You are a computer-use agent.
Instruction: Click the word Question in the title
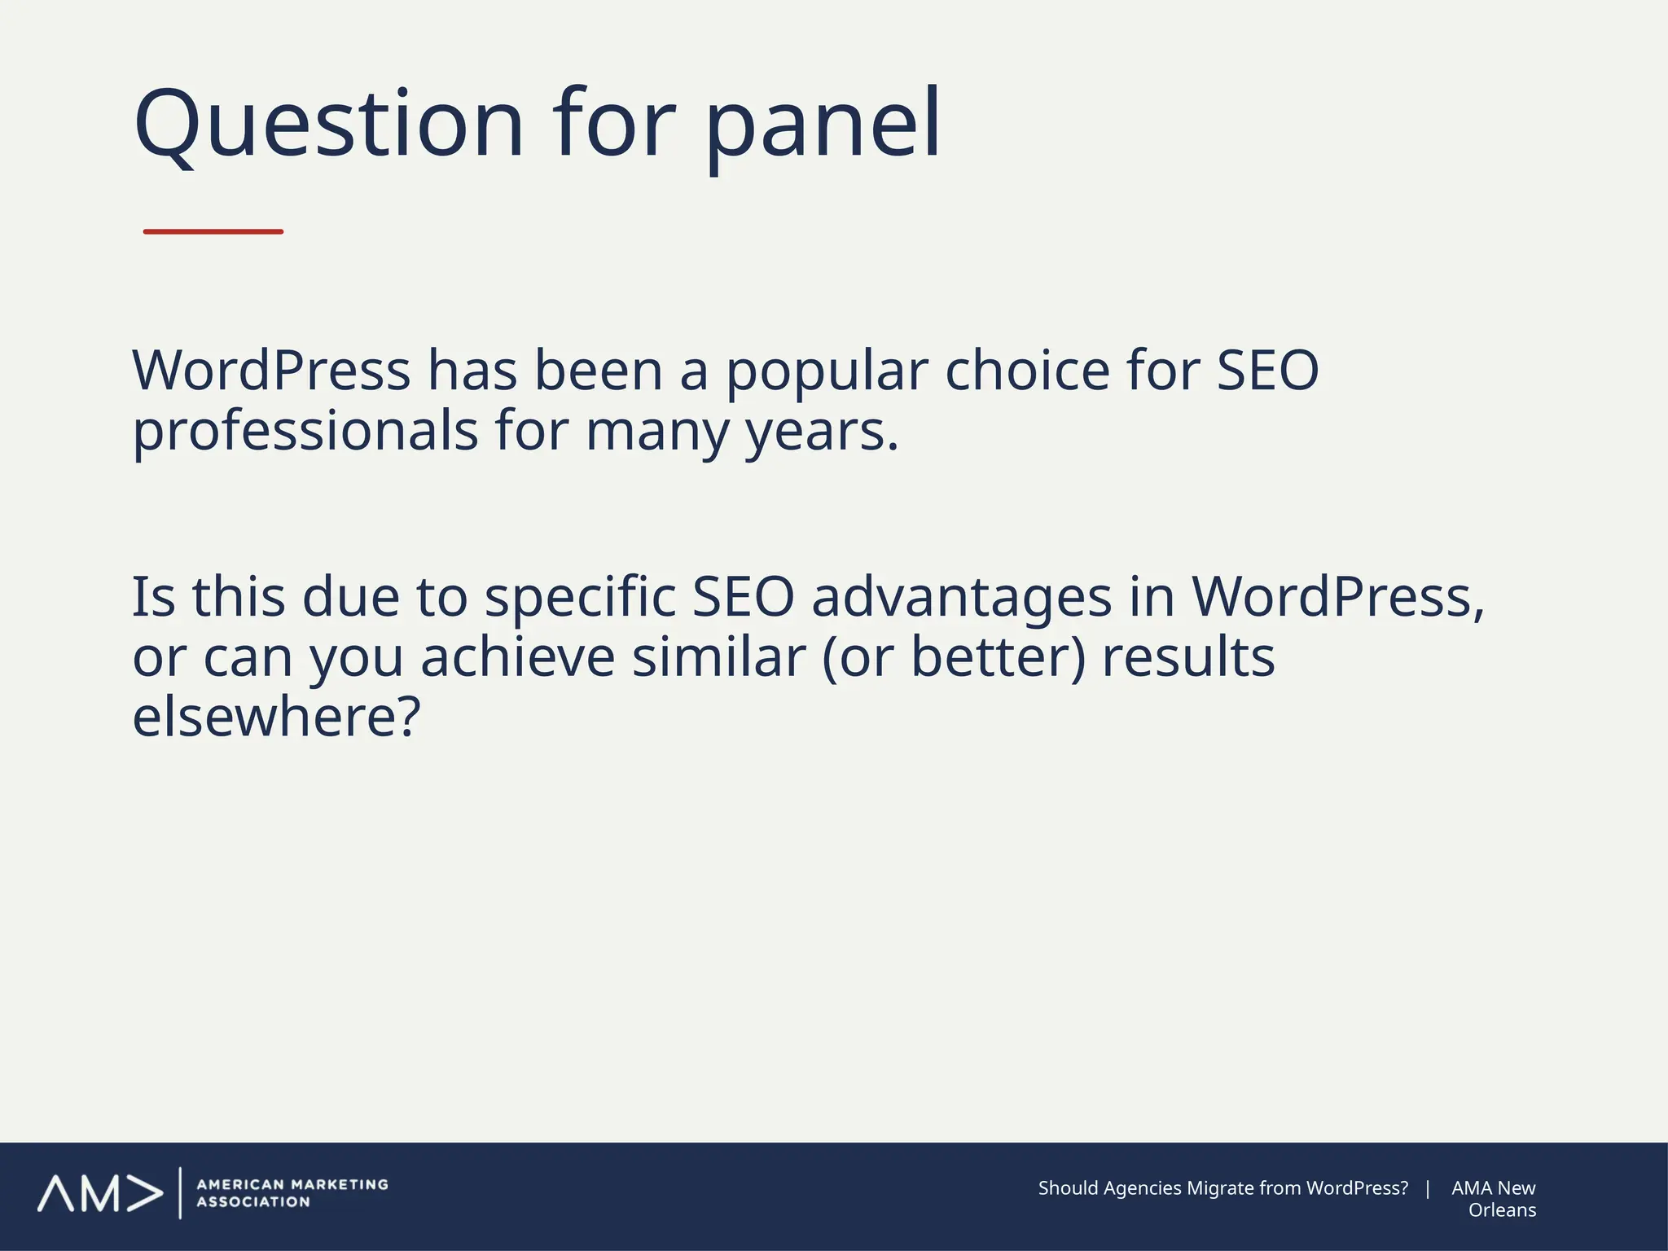[x=328, y=125]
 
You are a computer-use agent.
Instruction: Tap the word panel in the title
[x=823, y=125]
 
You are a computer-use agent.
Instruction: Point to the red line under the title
[x=213, y=232]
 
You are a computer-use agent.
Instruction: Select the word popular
[x=827, y=372]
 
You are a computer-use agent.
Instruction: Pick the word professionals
[x=305, y=432]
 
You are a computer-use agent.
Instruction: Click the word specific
[x=580, y=597]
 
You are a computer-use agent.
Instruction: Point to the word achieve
[x=518, y=657]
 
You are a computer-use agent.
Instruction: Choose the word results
[x=1188, y=657]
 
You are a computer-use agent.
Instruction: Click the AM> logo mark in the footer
[x=99, y=1193]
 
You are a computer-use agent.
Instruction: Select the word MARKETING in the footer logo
[x=340, y=1184]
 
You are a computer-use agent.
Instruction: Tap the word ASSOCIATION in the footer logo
[x=253, y=1202]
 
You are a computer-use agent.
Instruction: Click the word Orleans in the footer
[x=1502, y=1210]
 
